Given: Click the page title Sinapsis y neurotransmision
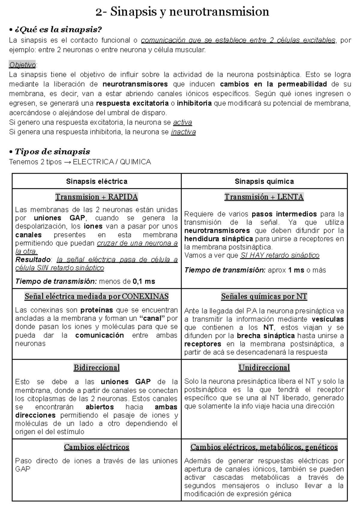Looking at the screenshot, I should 182,12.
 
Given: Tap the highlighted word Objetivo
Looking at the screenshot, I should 22,65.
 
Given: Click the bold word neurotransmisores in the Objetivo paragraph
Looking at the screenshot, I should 135,84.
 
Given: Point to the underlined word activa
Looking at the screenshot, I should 183,122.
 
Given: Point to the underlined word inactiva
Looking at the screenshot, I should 183,132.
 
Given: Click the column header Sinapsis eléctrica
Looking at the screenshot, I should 97,181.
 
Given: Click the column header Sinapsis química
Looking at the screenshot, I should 264,181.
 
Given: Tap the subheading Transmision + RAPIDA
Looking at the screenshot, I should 97,197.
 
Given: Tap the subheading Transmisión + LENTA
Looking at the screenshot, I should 264,197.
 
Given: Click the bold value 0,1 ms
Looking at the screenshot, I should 144,281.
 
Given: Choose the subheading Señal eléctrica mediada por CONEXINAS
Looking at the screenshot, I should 97,297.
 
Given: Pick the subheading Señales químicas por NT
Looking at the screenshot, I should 264,297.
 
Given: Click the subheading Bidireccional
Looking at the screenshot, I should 97,368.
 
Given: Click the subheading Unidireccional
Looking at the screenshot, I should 264,368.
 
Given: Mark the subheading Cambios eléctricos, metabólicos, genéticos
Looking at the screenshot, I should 264,447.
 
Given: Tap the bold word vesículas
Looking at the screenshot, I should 328,319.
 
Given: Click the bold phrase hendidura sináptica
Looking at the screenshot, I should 218,239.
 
